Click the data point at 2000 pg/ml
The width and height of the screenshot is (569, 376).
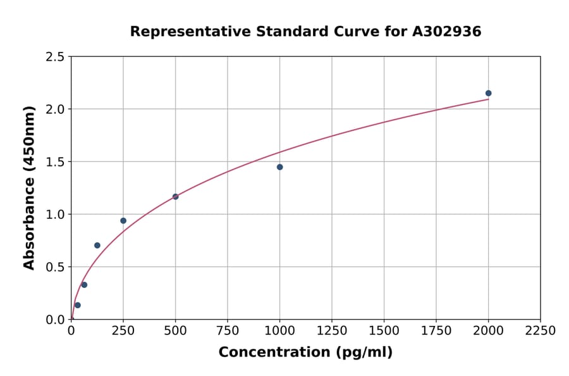(x=488, y=93)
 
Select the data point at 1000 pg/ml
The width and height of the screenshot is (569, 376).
(x=279, y=167)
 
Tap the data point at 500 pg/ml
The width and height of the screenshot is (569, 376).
(x=175, y=197)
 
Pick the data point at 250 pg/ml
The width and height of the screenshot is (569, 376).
(x=123, y=221)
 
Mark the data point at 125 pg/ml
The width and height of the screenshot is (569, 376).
(x=97, y=246)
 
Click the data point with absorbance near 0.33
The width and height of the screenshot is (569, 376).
(x=84, y=285)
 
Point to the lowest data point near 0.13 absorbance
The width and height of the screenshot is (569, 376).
(x=78, y=305)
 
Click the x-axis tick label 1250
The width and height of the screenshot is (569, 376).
(x=332, y=331)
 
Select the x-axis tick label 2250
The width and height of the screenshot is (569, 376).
(x=541, y=331)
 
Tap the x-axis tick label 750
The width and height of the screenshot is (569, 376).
(x=228, y=331)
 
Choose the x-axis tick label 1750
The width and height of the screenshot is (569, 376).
(x=436, y=331)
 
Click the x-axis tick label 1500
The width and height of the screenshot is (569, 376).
(x=384, y=331)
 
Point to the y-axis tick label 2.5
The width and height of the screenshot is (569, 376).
(x=55, y=57)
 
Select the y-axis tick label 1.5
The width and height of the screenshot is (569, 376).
(x=55, y=162)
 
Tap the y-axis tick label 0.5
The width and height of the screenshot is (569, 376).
(x=55, y=267)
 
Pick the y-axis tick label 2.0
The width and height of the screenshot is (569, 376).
(x=55, y=110)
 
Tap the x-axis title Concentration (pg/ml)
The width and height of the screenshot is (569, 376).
(x=305, y=353)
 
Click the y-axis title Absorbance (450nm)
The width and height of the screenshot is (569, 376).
(x=29, y=188)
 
